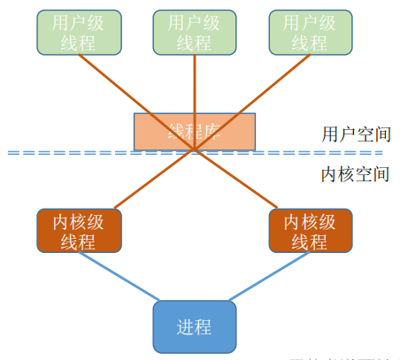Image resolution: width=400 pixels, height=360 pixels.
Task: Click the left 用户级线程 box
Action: [x=78, y=33]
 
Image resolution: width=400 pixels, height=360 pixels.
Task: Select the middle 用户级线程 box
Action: [x=195, y=33]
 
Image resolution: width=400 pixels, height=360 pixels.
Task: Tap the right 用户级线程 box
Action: [x=309, y=33]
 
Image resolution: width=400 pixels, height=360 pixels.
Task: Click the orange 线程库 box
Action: [x=195, y=132]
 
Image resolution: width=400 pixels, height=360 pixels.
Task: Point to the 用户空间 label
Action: [x=356, y=134]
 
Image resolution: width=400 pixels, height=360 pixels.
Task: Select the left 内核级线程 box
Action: [x=78, y=232]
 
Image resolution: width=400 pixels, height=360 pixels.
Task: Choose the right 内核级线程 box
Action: [x=309, y=232]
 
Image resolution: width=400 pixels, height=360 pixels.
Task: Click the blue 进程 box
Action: [x=195, y=326]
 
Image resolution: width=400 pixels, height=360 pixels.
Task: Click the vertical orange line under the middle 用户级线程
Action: [x=195, y=84]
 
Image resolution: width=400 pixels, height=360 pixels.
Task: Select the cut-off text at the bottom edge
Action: [x=336, y=357]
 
